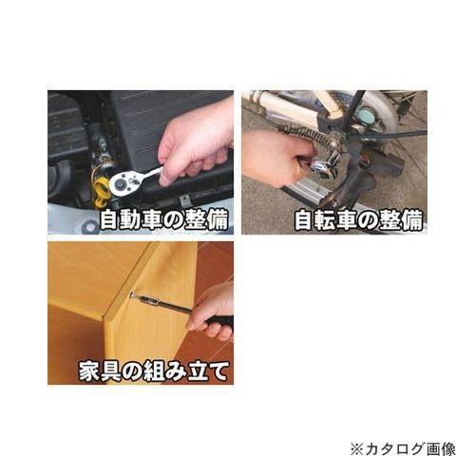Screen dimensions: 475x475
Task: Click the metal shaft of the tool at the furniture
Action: click(x=152, y=302)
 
